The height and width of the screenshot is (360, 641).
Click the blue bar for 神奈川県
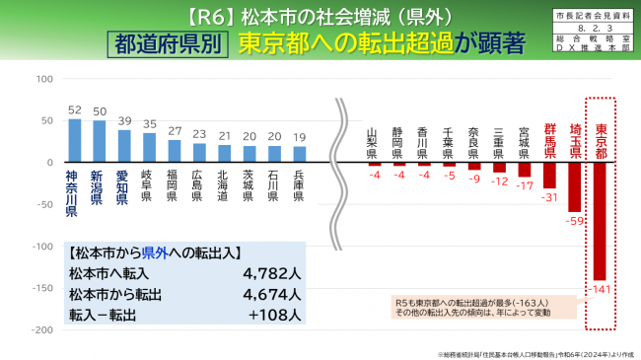tap(74, 140)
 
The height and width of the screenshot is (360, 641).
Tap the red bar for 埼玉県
tap(575, 186)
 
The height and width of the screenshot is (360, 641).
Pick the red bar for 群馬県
tap(549, 175)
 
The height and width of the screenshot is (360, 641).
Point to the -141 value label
tap(600, 287)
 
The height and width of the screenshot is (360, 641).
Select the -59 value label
tap(574, 219)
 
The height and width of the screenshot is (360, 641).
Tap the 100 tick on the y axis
tap(44, 78)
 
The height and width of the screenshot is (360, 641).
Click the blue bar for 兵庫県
tap(300, 154)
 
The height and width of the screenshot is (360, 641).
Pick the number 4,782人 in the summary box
tap(265, 273)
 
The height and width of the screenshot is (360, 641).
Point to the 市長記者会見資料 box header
tap(595, 17)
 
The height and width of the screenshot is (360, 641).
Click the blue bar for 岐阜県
tap(149, 147)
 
